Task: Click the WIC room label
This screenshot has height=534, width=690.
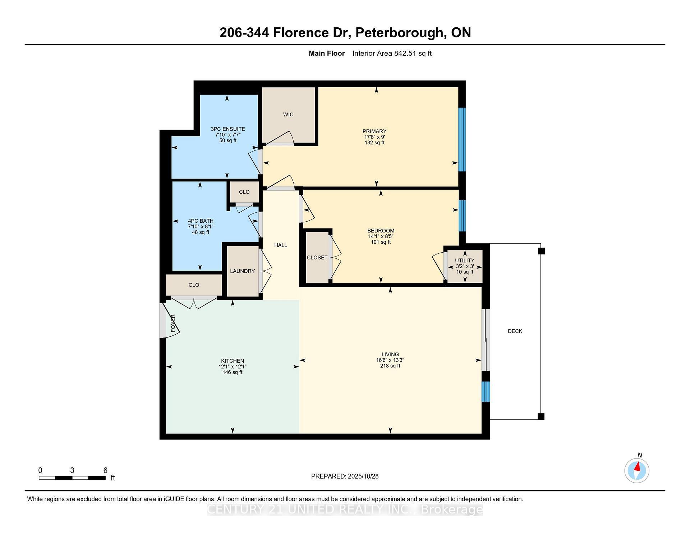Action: tap(288, 114)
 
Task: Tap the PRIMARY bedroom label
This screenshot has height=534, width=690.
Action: tap(374, 131)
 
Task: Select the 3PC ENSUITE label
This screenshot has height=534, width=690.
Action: tap(228, 129)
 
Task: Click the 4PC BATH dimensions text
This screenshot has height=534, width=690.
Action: tap(201, 227)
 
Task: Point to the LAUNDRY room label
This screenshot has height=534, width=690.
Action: tap(242, 271)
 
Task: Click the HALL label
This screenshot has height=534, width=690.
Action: tap(281, 245)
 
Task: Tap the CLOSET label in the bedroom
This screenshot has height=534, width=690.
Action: tap(317, 258)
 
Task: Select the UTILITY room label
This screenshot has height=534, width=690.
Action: tap(465, 261)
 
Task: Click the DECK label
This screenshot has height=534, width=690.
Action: tap(515, 331)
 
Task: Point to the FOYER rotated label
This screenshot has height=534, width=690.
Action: tap(173, 323)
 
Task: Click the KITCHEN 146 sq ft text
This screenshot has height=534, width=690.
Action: tap(233, 372)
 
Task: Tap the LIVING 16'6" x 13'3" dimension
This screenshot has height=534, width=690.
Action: tap(390, 360)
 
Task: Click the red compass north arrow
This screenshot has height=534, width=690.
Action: tap(638, 467)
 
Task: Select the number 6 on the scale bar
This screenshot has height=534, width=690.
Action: tap(105, 470)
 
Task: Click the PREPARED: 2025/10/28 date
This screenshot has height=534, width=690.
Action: tap(345, 476)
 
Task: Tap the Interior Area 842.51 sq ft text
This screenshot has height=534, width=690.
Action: tap(392, 54)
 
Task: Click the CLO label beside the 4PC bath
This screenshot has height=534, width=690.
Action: tap(244, 192)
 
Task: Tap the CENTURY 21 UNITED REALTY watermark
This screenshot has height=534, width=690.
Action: tap(345, 510)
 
